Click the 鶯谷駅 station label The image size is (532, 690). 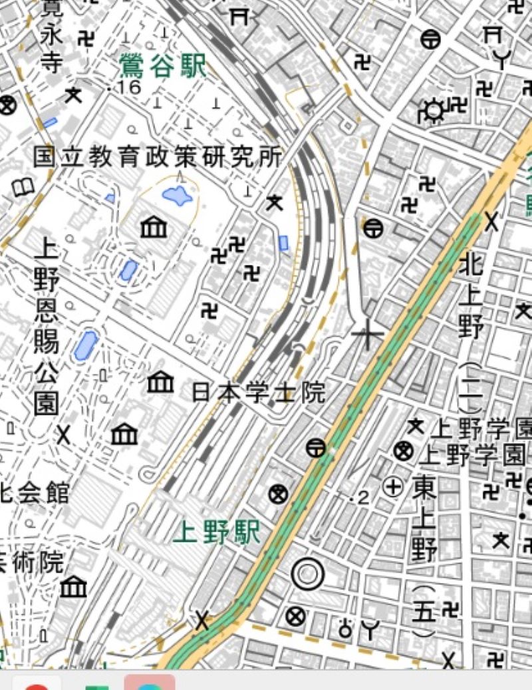point(163,67)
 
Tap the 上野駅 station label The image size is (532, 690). point(217,532)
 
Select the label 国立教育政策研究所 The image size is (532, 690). point(158,157)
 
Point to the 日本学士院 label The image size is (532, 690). point(259,393)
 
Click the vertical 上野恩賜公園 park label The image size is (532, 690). point(46,326)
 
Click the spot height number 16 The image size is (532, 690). point(128,88)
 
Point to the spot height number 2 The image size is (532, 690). point(362,498)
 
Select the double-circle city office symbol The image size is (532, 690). point(308,574)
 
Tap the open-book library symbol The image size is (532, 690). point(23,187)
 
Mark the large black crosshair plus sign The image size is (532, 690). point(366,334)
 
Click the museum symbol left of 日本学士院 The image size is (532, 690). point(160,382)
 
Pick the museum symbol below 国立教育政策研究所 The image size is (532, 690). point(154,228)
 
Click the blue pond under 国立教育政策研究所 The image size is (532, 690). point(178,196)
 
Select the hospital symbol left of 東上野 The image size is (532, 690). point(394,487)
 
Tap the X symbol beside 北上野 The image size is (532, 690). point(491,221)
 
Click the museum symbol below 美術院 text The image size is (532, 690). point(73,587)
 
